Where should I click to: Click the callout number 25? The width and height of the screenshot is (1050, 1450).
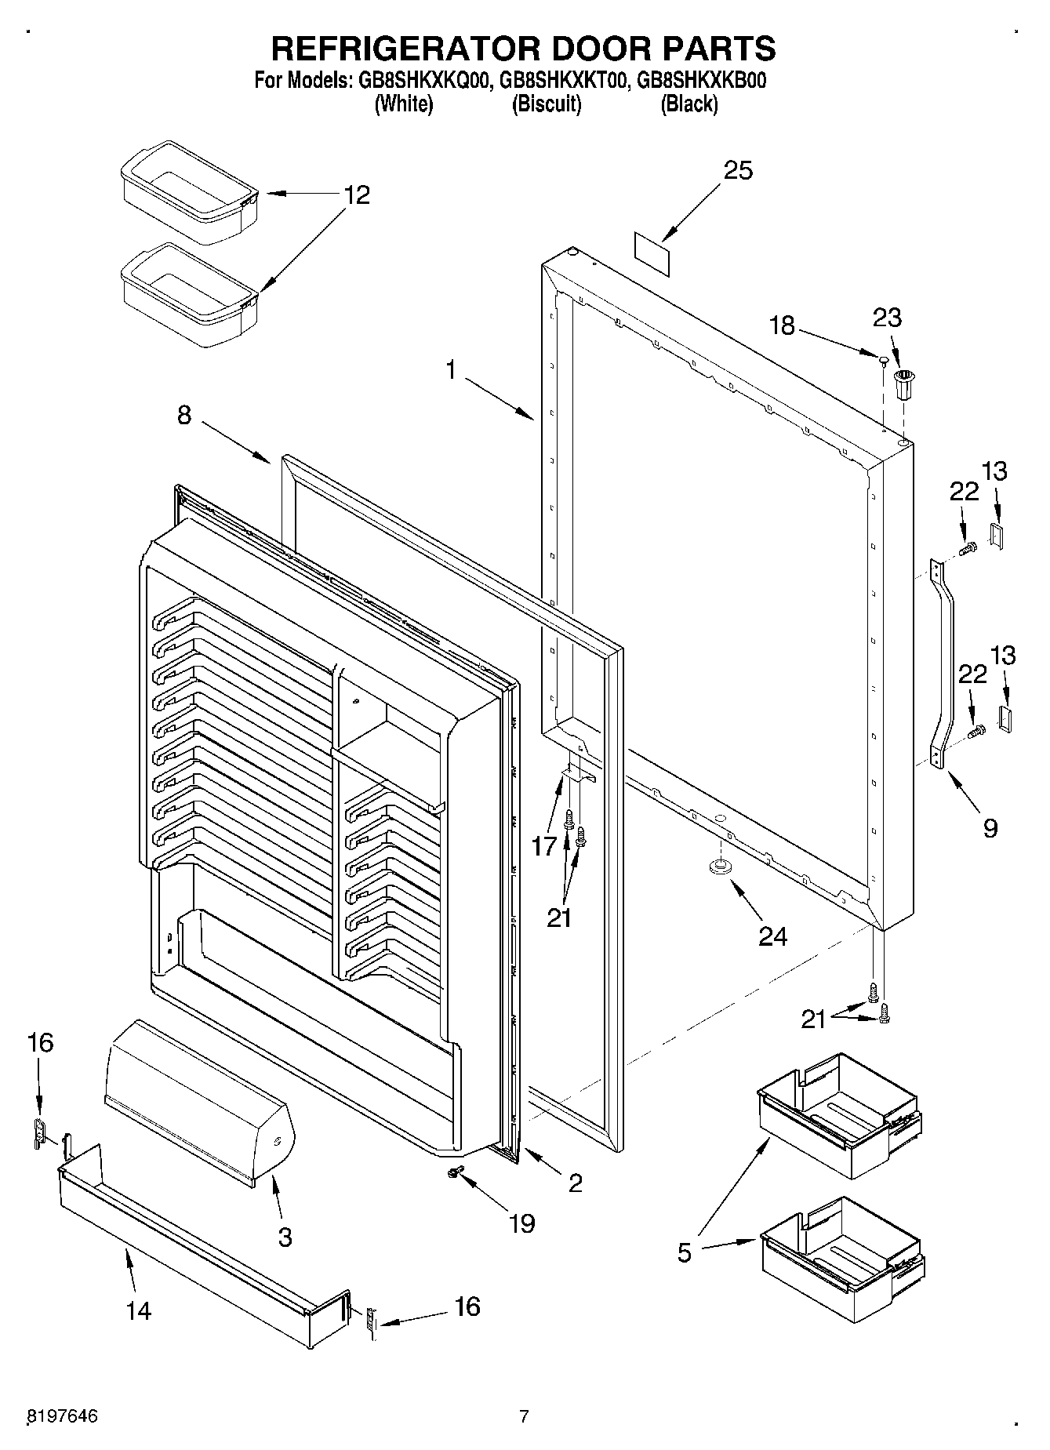(737, 171)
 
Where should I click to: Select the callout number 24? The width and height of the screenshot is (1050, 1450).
(772, 936)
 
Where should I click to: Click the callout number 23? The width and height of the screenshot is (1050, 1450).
(887, 318)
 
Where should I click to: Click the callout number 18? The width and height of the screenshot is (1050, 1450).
(782, 325)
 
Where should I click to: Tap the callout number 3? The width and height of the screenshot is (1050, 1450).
(285, 1237)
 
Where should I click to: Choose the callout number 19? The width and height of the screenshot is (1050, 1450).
(521, 1223)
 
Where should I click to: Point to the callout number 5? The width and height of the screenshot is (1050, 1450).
(685, 1253)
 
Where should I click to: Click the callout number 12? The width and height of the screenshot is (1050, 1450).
(356, 194)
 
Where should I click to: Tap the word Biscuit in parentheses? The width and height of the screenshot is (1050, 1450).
(547, 104)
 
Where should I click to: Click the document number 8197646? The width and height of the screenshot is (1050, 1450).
(63, 1416)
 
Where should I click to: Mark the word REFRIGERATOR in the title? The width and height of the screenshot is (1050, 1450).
(407, 48)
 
